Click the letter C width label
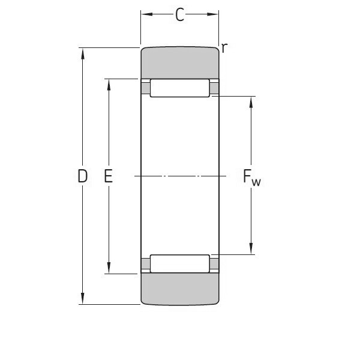tap(179, 16)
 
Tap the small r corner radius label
tap(224, 47)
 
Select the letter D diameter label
tap(83, 176)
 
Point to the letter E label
tap(109, 176)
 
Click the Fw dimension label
tap(251, 177)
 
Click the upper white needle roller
tap(180, 88)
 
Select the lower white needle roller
tap(180, 264)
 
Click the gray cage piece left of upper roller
tap(145, 88)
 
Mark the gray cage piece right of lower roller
tap(214, 264)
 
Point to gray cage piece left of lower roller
tap(145, 264)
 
